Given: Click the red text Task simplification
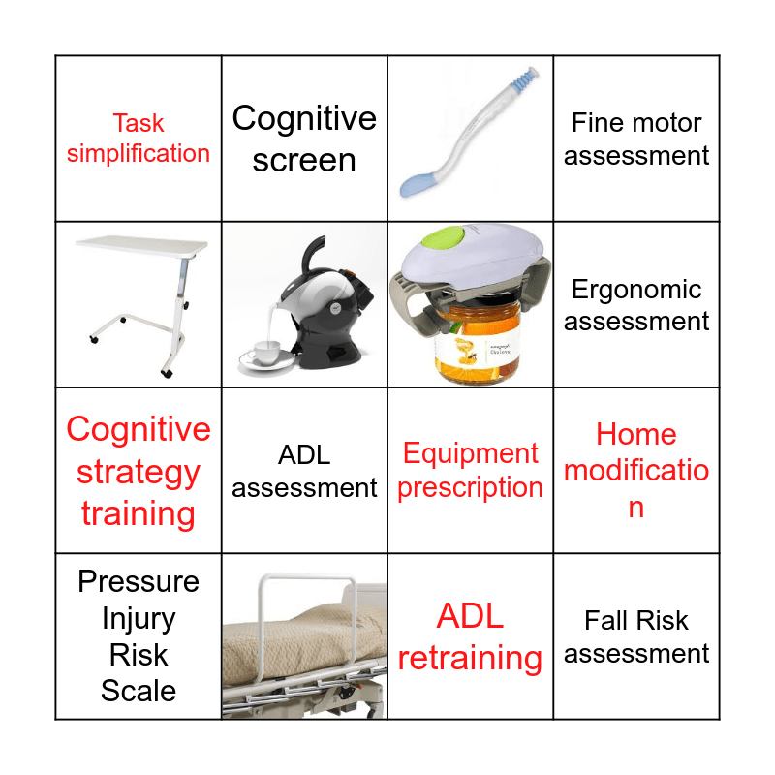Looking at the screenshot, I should (139, 139).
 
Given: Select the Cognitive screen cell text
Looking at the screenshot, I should (304, 139).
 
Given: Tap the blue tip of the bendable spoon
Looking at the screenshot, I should (419, 180).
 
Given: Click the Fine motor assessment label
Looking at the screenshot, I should (636, 139).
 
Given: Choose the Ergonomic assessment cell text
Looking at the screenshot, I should (636, 304).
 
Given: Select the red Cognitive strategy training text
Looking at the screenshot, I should (139, 472).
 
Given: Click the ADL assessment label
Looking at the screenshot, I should (304, 472).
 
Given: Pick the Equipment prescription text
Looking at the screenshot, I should (470, 471).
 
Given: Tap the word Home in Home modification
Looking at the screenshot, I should (636, 434).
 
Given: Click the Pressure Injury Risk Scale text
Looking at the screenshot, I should (139, 635).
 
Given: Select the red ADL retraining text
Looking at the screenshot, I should (470, 636).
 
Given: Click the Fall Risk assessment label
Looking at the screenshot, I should (636, 636).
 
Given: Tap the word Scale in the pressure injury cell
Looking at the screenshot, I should (139, 692).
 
